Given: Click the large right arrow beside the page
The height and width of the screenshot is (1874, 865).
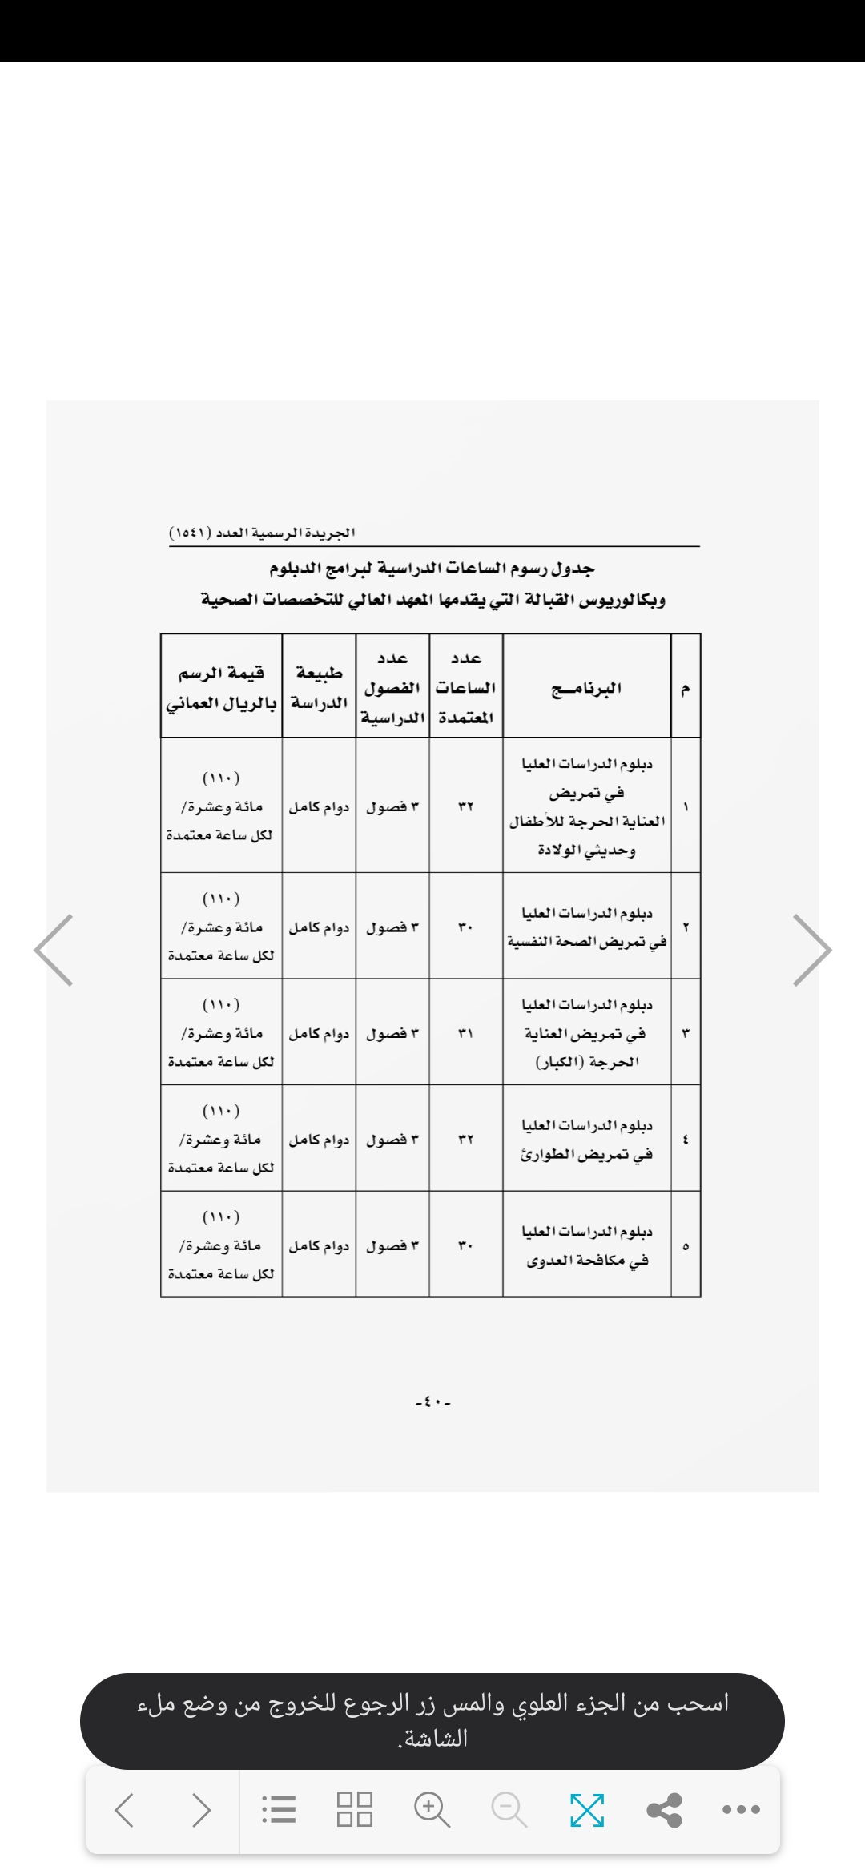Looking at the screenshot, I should click(812, 950).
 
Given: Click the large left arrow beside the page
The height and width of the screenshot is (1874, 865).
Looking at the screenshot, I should click(54, 950).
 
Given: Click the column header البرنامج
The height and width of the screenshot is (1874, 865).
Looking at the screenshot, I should click(586, 687).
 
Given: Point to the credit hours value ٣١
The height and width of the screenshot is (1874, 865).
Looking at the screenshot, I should click(466, 1033).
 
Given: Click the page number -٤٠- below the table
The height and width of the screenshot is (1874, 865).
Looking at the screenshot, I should click(433, 1402).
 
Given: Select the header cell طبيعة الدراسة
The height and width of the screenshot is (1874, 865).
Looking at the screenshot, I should click(319, 687).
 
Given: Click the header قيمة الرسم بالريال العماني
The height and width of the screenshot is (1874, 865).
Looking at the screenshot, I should click(221, 687).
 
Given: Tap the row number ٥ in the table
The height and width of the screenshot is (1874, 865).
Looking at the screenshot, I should click(686, 1246).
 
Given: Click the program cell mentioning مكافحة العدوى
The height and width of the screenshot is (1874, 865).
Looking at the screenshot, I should click(587, 1246).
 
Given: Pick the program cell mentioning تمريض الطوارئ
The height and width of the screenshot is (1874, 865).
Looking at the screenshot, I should click(587, 1140).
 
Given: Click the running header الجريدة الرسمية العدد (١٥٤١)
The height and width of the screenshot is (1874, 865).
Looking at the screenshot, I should click(263, 533).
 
